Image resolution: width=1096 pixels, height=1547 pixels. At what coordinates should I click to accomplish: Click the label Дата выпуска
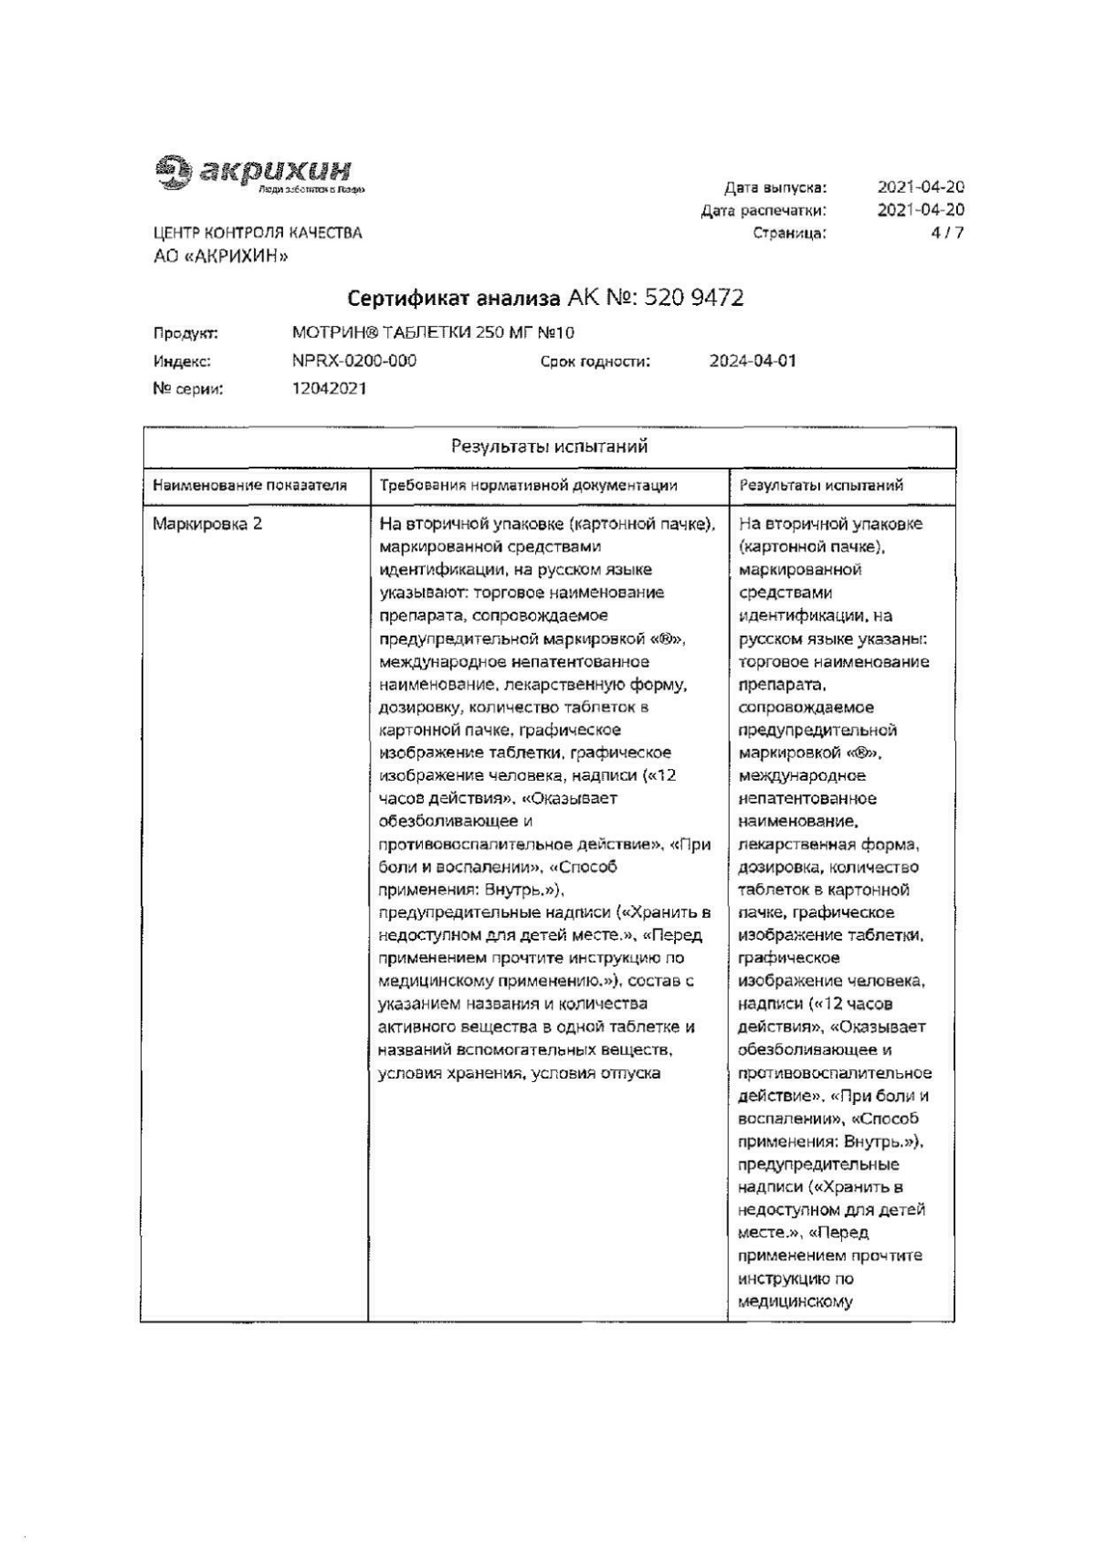click(x=775, y=188)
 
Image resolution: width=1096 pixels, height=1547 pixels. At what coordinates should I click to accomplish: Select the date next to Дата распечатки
click(x=921, y=210)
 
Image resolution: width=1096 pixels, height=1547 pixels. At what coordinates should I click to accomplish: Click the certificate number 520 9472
click(x=694, y=298)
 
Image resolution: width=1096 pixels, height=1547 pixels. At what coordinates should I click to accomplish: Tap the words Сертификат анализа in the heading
click(x=454, y=298)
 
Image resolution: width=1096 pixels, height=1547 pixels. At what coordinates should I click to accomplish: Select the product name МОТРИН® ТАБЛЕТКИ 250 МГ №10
click(x=433, y=333)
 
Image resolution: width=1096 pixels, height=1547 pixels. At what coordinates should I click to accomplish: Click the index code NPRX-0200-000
click(x=354, y=361)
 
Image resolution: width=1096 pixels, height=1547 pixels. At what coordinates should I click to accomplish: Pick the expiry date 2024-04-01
click(x=753, y=361)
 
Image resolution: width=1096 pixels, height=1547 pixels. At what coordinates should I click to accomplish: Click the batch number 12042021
click(x=330, y=388)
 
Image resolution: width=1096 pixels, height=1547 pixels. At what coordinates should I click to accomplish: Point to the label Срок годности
click(x=595, y=362)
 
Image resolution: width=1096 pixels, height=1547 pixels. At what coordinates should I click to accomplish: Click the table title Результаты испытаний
click(x=549, y=447)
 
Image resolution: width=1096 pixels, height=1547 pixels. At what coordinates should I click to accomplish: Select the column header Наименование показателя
click(x=250, y=486)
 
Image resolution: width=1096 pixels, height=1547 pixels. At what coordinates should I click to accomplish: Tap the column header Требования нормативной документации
click(x=529, y=486)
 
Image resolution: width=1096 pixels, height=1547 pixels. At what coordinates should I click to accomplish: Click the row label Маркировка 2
click(x=207, y=524)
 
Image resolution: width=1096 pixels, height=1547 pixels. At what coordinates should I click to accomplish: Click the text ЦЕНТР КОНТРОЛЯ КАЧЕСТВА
click(x=258, y=233)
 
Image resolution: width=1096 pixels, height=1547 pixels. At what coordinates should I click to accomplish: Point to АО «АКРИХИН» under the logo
click(x=221, y=257)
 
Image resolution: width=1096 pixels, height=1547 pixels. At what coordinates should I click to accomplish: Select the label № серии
click(x=188, y=389)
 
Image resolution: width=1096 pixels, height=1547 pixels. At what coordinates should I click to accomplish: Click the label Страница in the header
click(x=789, y=233)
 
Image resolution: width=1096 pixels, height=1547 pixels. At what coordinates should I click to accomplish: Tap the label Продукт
click(x=185, y=334)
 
